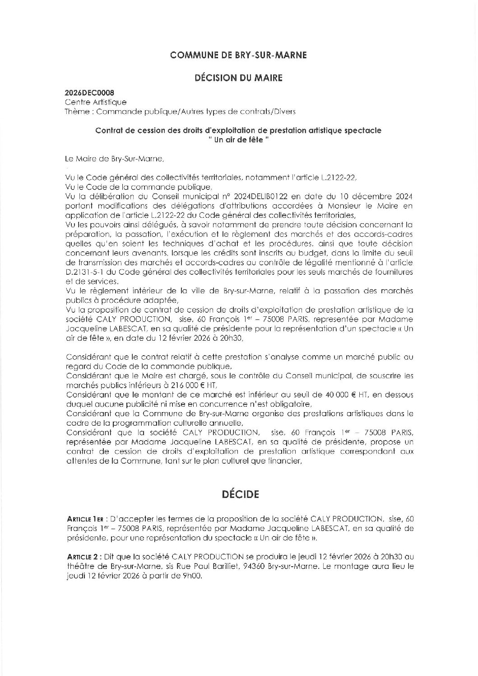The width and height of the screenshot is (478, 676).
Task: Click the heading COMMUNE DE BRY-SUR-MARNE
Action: (x=238, y=55)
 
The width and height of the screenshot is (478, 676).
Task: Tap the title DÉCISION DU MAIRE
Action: (x=238, y=78)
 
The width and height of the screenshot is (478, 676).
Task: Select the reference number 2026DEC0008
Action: (x=86, y=94)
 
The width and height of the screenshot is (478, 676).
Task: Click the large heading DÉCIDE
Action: (x=239, y=494)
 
